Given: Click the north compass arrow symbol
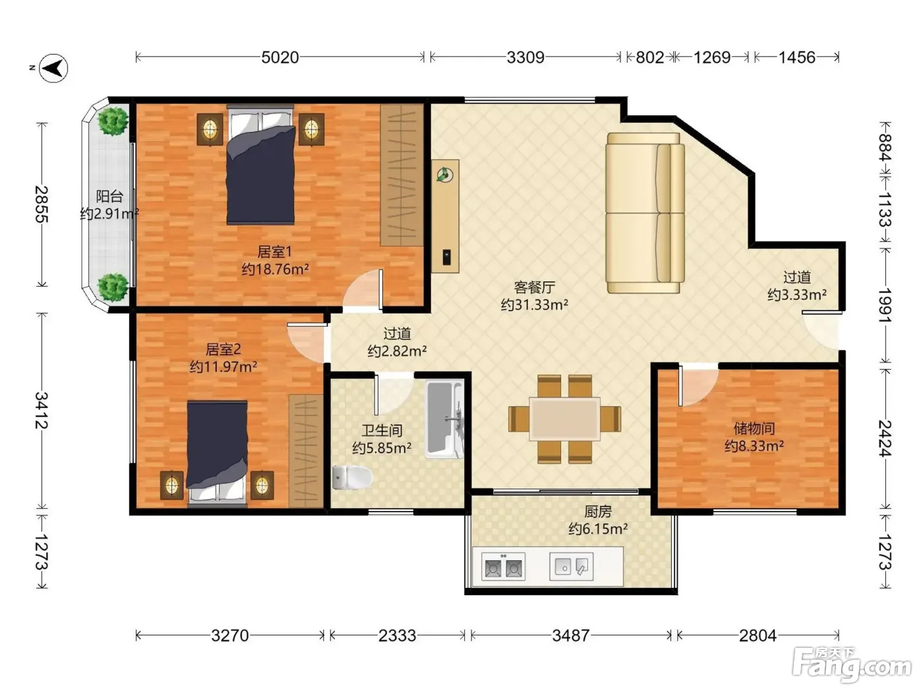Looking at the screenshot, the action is (x=53, y=68).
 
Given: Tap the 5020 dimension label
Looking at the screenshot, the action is (x=280, y=57).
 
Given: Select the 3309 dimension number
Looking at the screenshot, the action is (x=525, y=57).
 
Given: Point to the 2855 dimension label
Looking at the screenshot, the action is (x=42, y=204).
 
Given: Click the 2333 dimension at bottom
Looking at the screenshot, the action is (x=397, y=636).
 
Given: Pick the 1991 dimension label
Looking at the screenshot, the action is (x=885, y=305).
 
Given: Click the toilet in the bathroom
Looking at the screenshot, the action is (x=352, y=477).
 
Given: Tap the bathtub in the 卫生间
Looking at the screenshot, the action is (x=445, y=418).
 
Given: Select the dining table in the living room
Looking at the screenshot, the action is (x=565, y=419).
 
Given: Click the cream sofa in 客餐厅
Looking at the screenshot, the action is (x=645, y=213).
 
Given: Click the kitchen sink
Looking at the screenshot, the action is (x=572, y=566).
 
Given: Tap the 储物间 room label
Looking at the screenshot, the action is (x=754, y=428).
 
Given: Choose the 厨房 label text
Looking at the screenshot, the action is (x=598, y=511).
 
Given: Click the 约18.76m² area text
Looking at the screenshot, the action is (x=276, y=269).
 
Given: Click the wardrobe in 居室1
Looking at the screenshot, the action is (x=402, y=175).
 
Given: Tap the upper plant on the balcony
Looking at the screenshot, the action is (x=113, y=121).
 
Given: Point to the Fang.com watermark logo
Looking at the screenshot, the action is (x=852, y=665).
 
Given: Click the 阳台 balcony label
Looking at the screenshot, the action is (x=109, y=196).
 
